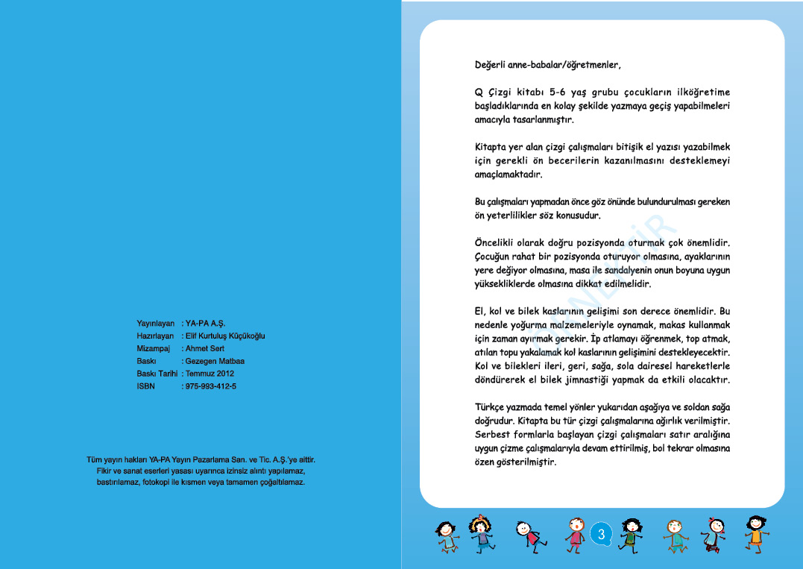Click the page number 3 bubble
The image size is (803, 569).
pyautogui.click(x=602, y=534)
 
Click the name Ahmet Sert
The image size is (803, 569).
pyautogui.click(x=205, y=348)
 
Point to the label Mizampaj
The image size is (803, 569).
pyautogui.click(x=154, y=348)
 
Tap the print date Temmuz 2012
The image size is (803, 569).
pyautogui.click(x=210, y=374)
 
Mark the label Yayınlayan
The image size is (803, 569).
pyautogui.click(x=155, y=323)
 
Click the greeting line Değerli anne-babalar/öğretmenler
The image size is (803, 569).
pyautogui.click(x=547, y=65)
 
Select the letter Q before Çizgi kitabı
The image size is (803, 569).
pyautogui.click(x=479, y=92)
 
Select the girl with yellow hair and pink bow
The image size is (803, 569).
pyautogui.click(x=480, y=532)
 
